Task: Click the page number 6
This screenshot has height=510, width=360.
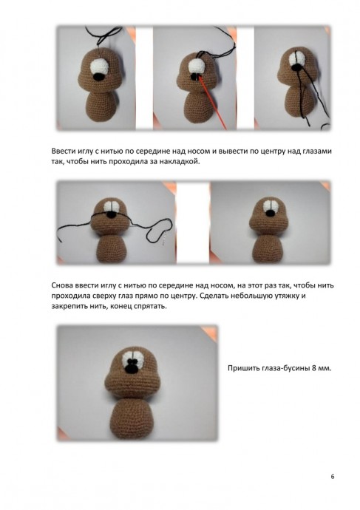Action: [x=333, y=477]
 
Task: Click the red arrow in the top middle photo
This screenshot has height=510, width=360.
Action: [x=212, y=102]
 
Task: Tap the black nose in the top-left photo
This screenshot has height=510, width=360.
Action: [x=99, y=77]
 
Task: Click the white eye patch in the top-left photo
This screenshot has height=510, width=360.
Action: [x=101, y=68]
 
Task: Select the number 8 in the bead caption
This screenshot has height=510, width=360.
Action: [x=314, y=368]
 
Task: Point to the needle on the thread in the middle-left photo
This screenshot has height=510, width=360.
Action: [x=166, y=234]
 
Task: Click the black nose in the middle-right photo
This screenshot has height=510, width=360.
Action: [x=270, y=213]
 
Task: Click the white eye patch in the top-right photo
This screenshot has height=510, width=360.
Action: [x=297, y=60]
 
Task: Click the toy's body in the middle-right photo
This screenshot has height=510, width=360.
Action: [x=268, y=248]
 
